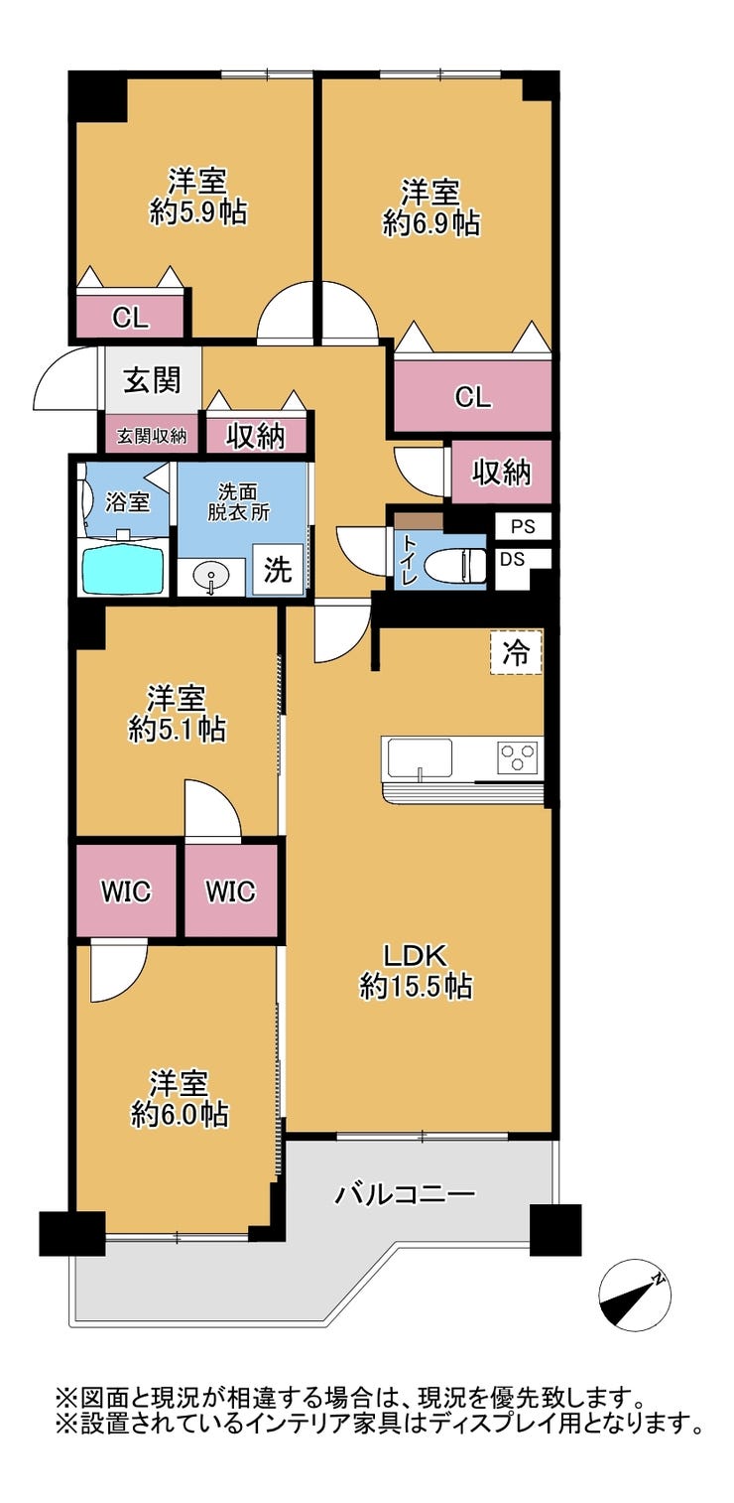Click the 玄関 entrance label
click(152, 381)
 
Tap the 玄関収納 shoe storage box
click(152, 436)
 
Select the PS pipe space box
click(523, 527)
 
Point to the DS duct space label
click(512, 559)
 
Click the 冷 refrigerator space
click(516, 652)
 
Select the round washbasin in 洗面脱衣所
click(211, 578)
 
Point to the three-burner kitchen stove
click(517, 756)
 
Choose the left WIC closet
click(126, 889)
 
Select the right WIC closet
click(230, 889)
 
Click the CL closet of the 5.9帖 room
click(130, 316)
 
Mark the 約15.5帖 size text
click(416, 987)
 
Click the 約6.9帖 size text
click(431, 222)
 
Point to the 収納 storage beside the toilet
click(501, 471)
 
